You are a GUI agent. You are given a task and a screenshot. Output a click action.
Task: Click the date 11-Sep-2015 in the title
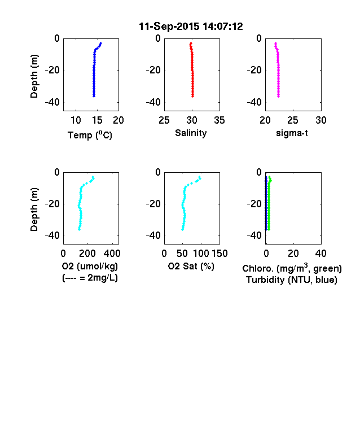point(169,27)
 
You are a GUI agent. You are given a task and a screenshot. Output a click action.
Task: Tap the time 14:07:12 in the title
point(223,27)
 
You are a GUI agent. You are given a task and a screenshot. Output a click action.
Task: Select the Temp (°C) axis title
point(90,135)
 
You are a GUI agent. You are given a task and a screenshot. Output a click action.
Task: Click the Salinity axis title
point(191,133)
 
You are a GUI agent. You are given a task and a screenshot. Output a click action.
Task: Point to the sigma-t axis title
point(292,133)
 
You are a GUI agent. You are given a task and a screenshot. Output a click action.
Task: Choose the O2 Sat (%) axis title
point(191,266)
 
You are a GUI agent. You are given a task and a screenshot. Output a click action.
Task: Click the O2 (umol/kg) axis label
point(90,266)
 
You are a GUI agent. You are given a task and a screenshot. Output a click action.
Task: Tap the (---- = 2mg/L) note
point(90,277)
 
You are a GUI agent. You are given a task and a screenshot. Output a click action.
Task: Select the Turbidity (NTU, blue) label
point(292,280)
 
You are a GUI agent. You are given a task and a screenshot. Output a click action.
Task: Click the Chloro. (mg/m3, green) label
point(292,268)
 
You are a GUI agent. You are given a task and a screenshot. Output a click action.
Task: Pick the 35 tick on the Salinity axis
point(219,120)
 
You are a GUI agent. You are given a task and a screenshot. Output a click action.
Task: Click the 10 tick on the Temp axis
point(76,120)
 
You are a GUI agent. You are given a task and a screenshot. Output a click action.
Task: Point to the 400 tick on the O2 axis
point(112,254)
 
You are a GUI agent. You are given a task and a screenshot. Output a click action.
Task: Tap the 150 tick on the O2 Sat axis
point(219,254)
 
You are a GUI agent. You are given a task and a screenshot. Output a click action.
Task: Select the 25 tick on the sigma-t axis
point(292,120)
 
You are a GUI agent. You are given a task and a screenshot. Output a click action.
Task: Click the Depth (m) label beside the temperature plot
point(34,76)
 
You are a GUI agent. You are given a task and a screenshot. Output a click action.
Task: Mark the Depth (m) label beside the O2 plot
point(34,210)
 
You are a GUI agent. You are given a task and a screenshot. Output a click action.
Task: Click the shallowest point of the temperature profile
point(100,43)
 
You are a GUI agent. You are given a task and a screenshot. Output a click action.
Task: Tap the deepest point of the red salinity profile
point(193,96)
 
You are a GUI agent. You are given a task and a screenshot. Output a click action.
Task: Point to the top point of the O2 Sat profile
point(200,177)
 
